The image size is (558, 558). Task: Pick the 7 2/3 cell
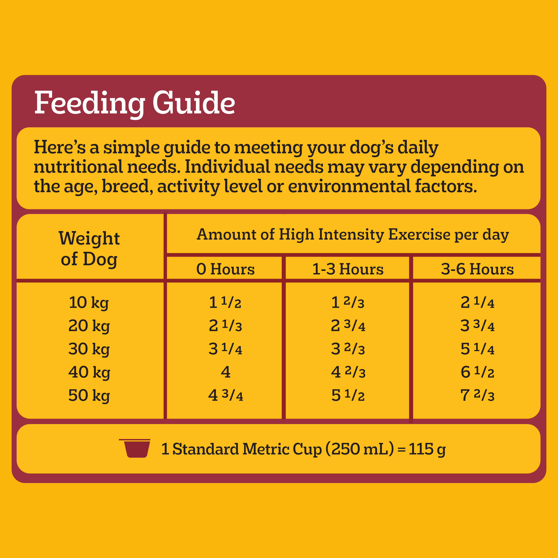(477, 395)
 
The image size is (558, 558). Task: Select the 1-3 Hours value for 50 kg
(348, 395)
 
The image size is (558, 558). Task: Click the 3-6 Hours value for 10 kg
(477, 303)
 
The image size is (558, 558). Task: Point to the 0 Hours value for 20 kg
(225, 326)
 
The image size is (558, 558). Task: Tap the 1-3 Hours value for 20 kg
(348, 326)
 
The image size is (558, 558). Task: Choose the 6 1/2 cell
(477, 372)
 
